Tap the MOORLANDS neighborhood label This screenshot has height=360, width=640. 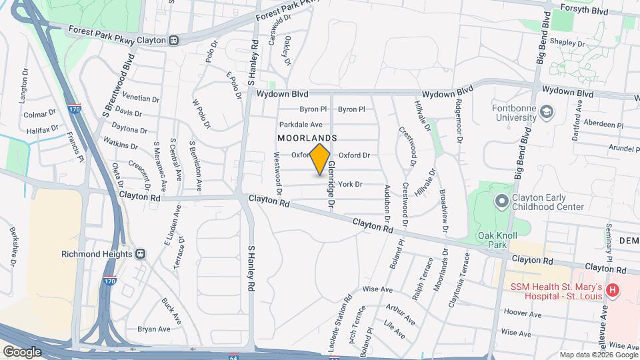pos(307,138)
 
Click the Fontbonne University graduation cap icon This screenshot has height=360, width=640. pos(547,111)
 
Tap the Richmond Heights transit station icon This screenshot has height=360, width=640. pos(141,253)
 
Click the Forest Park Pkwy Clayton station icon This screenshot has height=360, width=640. pos(173,40)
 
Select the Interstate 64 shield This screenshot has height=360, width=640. pos(234,356)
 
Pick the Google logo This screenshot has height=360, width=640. pos(22,351)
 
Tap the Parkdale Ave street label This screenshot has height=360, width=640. pos(301,125)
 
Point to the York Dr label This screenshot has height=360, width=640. pos(350,184)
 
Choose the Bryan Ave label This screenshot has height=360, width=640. pos(154,329)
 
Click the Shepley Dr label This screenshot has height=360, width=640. pos(567,43)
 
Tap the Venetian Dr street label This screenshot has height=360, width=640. pos(141,99)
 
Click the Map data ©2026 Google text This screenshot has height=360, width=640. pos(598,355)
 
